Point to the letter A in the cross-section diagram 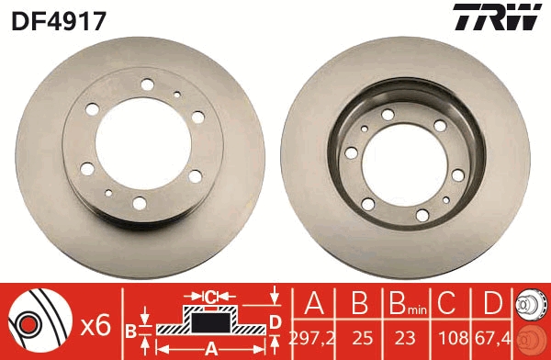(211, 349)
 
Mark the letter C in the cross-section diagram (210, 296)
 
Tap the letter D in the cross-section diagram (274, 321)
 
